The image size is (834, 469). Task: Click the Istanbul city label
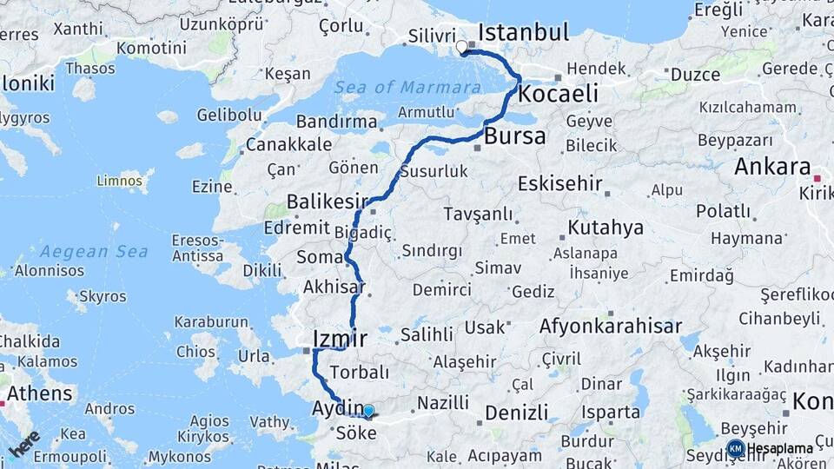point(523,33)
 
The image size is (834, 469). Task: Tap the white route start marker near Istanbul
point(461,46)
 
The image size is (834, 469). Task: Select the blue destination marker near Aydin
point(368,411)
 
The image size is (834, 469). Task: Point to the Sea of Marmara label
point(407,87)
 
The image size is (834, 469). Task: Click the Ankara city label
point(772,168)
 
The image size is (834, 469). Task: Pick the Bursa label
point(514,135)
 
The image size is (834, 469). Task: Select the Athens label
point(40,393)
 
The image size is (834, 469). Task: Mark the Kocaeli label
point(559,93)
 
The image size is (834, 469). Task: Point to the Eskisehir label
point(559,183)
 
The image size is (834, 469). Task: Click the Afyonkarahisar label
point(609,327)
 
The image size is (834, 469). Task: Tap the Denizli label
point(516,412)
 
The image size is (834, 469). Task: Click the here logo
point(25,443)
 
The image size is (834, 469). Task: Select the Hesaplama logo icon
point(736,448)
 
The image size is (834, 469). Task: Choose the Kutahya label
point(606,228)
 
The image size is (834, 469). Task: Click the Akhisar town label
point(334,287)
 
